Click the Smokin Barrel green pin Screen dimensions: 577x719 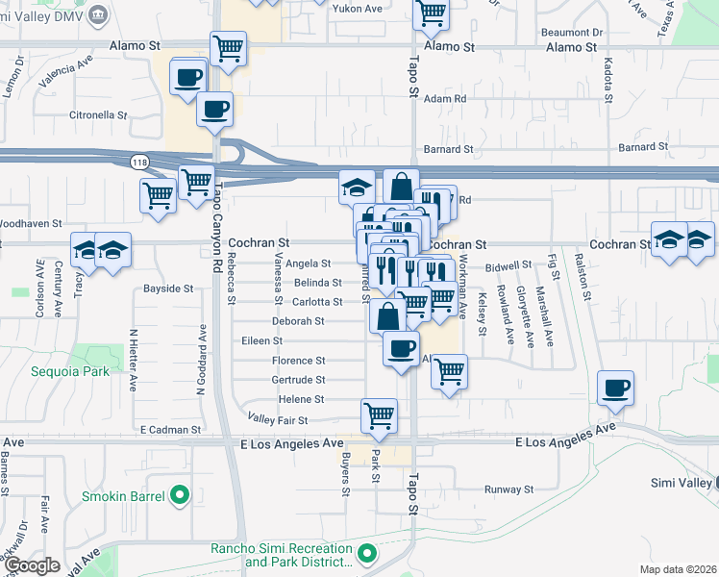pos(180,496)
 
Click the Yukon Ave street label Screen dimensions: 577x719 pos(358,9)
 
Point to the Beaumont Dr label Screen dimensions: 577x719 pos(570,32)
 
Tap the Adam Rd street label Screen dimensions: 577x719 pos(445,98)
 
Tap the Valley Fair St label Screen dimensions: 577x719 pos(277,420)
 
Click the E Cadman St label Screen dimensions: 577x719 pos(170,430)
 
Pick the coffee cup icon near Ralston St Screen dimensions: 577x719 pos(615,389)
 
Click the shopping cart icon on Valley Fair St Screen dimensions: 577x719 pos(379,415)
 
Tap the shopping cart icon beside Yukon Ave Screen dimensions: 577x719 pos(432,13)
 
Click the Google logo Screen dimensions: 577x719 pos(32,565)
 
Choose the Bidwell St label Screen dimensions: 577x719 pos(508,264)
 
